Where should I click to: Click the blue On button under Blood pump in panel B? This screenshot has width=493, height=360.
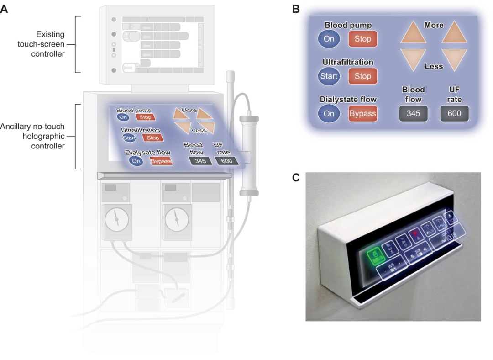[x=329, y=39]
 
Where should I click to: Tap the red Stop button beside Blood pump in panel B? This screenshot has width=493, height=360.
[x=363, y=39]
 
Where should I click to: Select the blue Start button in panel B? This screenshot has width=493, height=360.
[x=329, y=76]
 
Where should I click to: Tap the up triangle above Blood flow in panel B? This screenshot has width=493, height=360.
[x=414, y=33]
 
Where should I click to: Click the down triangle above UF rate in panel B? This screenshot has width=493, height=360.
[x=455, y=59]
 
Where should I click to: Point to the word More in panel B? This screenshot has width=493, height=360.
[x=434, y=26]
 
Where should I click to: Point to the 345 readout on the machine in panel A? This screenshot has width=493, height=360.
[x=200, y=161]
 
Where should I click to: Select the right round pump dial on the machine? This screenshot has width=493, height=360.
[x=177, y=220]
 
